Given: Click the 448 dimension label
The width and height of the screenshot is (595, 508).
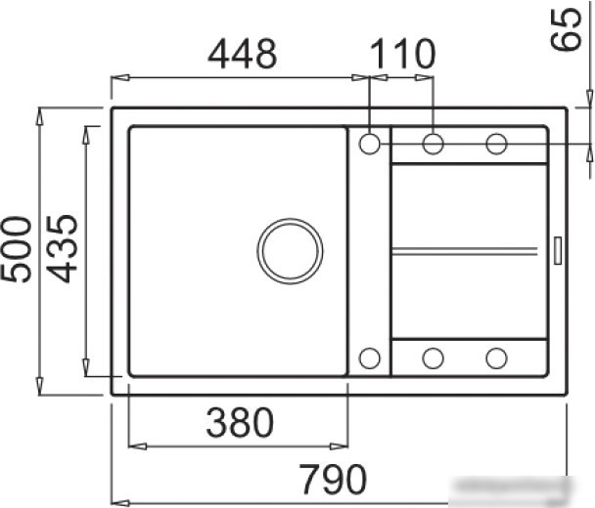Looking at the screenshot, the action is pyautogui.click(x=243, y=54).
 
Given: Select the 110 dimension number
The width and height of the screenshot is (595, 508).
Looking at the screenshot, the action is pyautogui.click(x=402, y=54).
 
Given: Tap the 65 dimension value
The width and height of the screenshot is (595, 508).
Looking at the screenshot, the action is pyautogui.click(x=566, y=29).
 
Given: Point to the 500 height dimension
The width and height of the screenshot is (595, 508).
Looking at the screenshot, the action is pyautogui.click(x=17, y=249).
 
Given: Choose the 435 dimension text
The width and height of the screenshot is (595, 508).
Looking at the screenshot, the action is pyautogui.click(x=62, y=249).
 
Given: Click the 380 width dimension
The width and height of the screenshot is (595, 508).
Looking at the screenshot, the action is pyautogui.click(x=240, y=422).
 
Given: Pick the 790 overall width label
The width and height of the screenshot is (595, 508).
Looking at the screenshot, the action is pyautogui.click(x=333, y=479).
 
